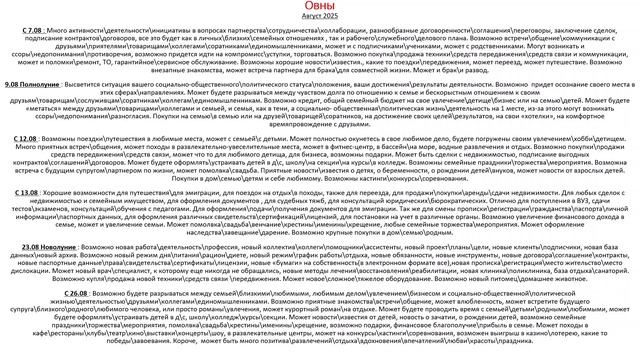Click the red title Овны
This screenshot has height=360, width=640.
click(x=320, y=7)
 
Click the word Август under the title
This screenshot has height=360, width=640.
click(x=309, y=19)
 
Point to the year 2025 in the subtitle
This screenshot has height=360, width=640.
click(x=333, y=19)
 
